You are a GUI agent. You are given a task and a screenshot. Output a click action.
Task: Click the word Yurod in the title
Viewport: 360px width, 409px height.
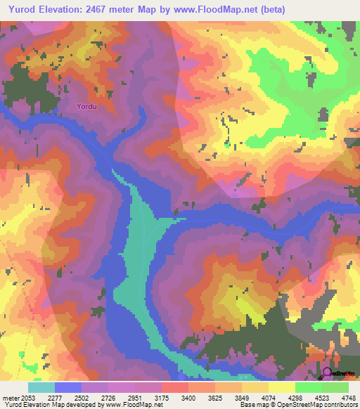coord(22,8)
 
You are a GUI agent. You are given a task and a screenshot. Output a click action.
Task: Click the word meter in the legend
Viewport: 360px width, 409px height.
coord(9,398)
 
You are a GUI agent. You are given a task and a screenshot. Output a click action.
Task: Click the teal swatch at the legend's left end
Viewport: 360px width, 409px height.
coord(41,387)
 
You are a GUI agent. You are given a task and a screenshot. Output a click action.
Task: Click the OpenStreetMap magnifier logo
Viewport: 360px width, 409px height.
coord(328,372)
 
